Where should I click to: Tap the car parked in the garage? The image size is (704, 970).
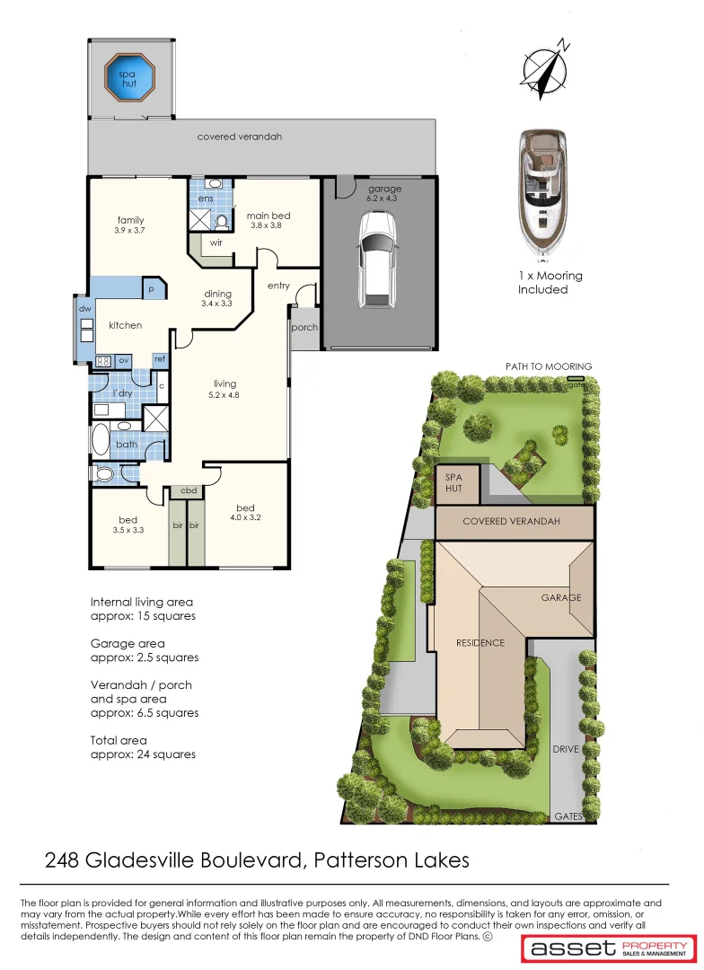click(375, 260)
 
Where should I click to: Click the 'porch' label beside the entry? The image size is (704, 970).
click(304, 328)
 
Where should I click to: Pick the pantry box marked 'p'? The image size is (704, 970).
click(152, 290)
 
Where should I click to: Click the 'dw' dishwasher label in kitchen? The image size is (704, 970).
click(85, 309)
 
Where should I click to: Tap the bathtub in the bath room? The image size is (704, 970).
click(100, 443)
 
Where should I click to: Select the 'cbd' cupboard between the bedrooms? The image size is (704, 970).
click(189, 490)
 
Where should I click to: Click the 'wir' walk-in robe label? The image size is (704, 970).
click(216, 242)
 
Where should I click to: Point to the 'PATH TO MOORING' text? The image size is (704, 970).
click(548, 366)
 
